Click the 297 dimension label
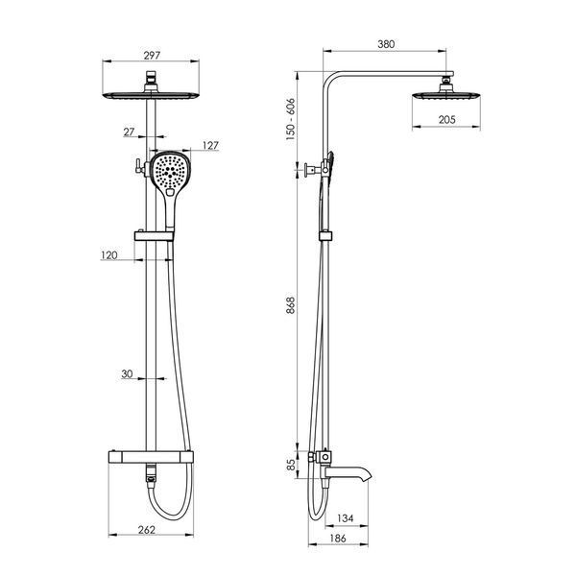point(152,56)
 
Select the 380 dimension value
point(386,44)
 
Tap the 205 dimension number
point(446,119)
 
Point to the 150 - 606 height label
point(290,119)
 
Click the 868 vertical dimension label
point(290,305)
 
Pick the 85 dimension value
point(291,465)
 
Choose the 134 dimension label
point(345,518)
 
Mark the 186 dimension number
point(338,539)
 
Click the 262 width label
point(147,530)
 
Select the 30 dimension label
point(127,374)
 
